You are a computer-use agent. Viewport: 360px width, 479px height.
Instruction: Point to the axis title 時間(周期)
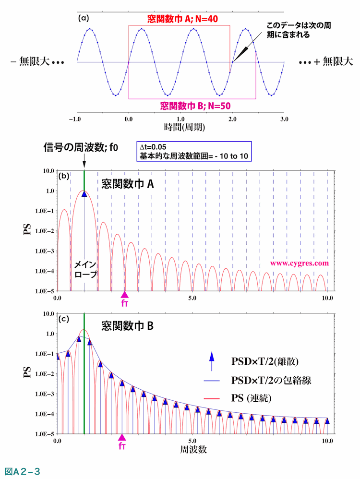click(x=180, y=128)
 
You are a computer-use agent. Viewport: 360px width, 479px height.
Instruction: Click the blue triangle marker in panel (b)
click(x=84, y=193)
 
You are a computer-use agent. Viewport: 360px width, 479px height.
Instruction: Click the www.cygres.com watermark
click(x=299, y=263)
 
